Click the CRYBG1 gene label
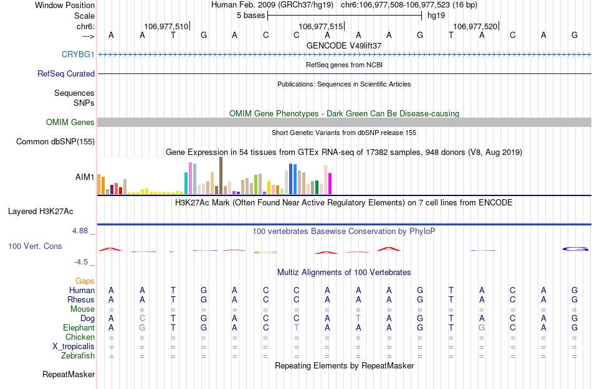coord(78,54)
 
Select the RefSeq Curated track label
coord(66,73)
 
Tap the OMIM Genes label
coord(70,122)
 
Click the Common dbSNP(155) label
coord(55,141)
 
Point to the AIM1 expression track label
coord(85,177)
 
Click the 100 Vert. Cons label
coord(35,246)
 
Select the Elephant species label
coord(79,327)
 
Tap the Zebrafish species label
coord(78,355)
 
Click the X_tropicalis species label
coord(74,346)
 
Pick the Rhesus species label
coord(81,299)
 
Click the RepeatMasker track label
coord(69,374)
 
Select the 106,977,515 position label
coord(320,26)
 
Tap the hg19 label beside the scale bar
coord(435,14)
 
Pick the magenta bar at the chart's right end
coord(330,183)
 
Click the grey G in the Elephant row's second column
coord(142,327)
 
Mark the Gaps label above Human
coord(85,281)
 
